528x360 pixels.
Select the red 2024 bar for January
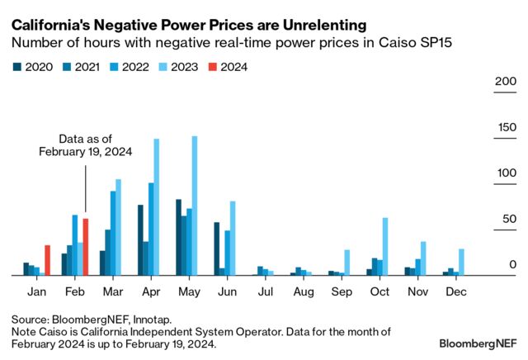point(47,260)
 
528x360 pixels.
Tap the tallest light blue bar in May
point(195,206)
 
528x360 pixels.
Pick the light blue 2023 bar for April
point(156,207)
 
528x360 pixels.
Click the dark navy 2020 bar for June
point(217,249)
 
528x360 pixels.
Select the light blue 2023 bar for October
point(385,246)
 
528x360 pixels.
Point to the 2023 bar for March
point(118,227)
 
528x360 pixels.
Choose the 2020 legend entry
point(32,66)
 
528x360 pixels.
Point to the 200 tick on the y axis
point(505,82)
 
